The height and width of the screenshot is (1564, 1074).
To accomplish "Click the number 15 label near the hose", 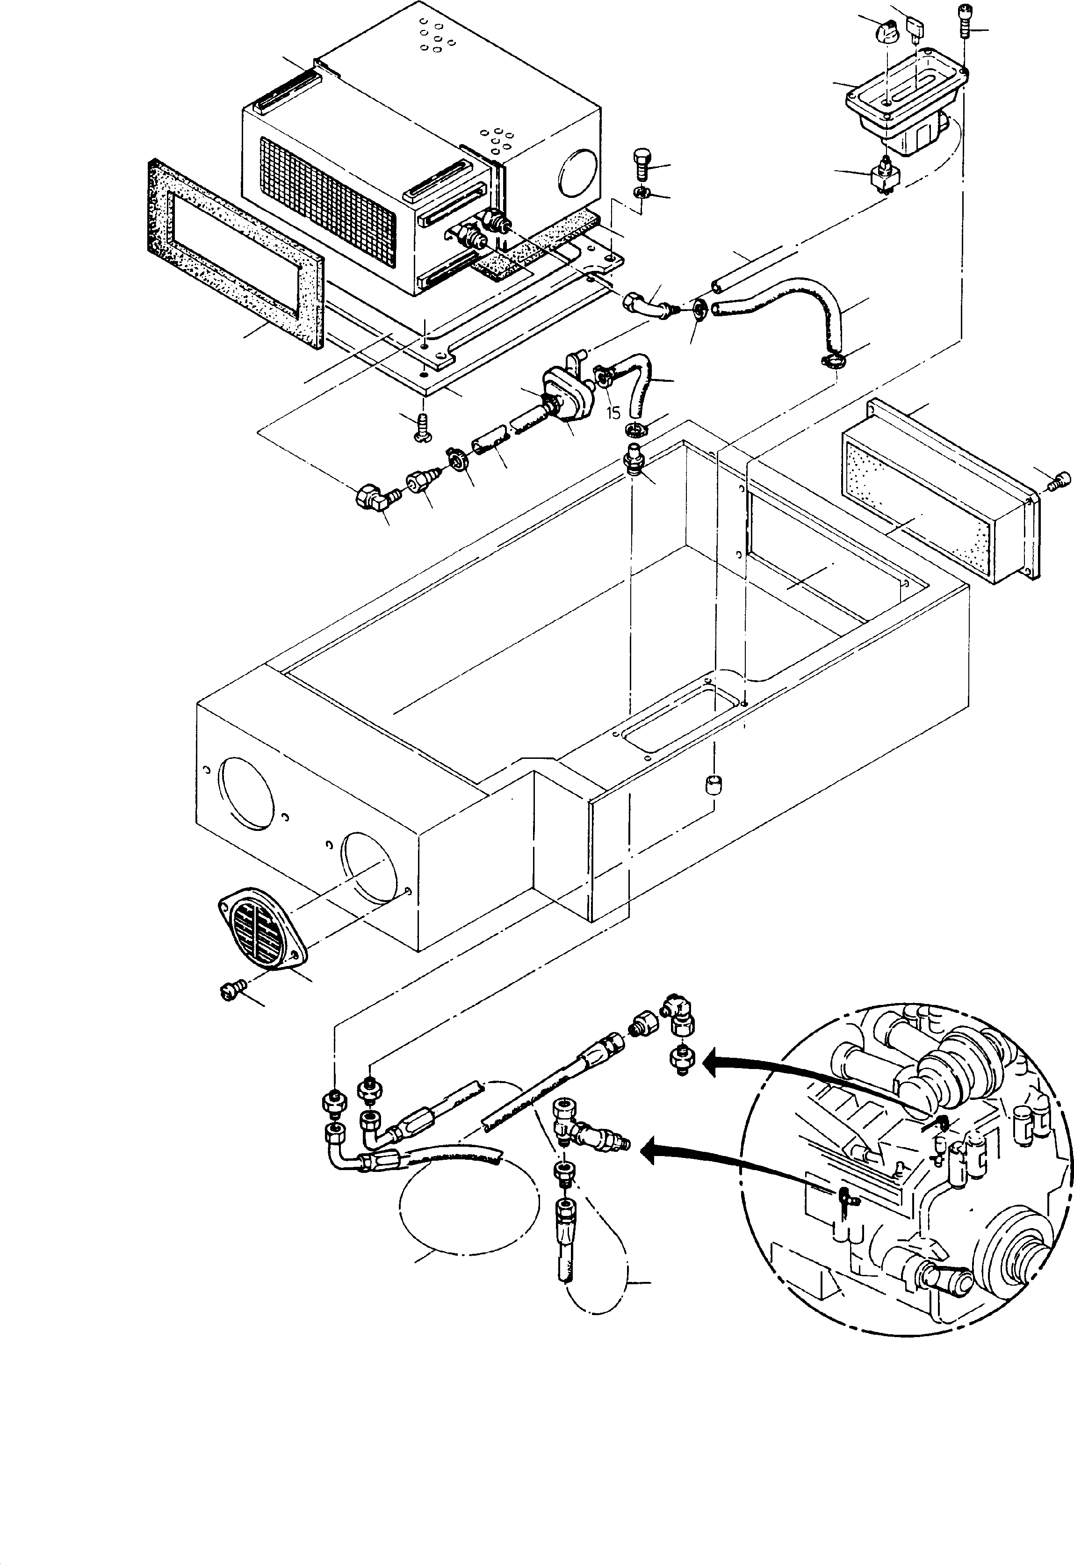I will pyautogui.click(x=613, y=413).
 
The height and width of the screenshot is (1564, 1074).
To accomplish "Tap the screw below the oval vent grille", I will pyautogui.click(x=228, y=989).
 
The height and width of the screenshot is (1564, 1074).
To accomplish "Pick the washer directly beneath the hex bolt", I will pyautogui.click(x=640, y=194).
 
